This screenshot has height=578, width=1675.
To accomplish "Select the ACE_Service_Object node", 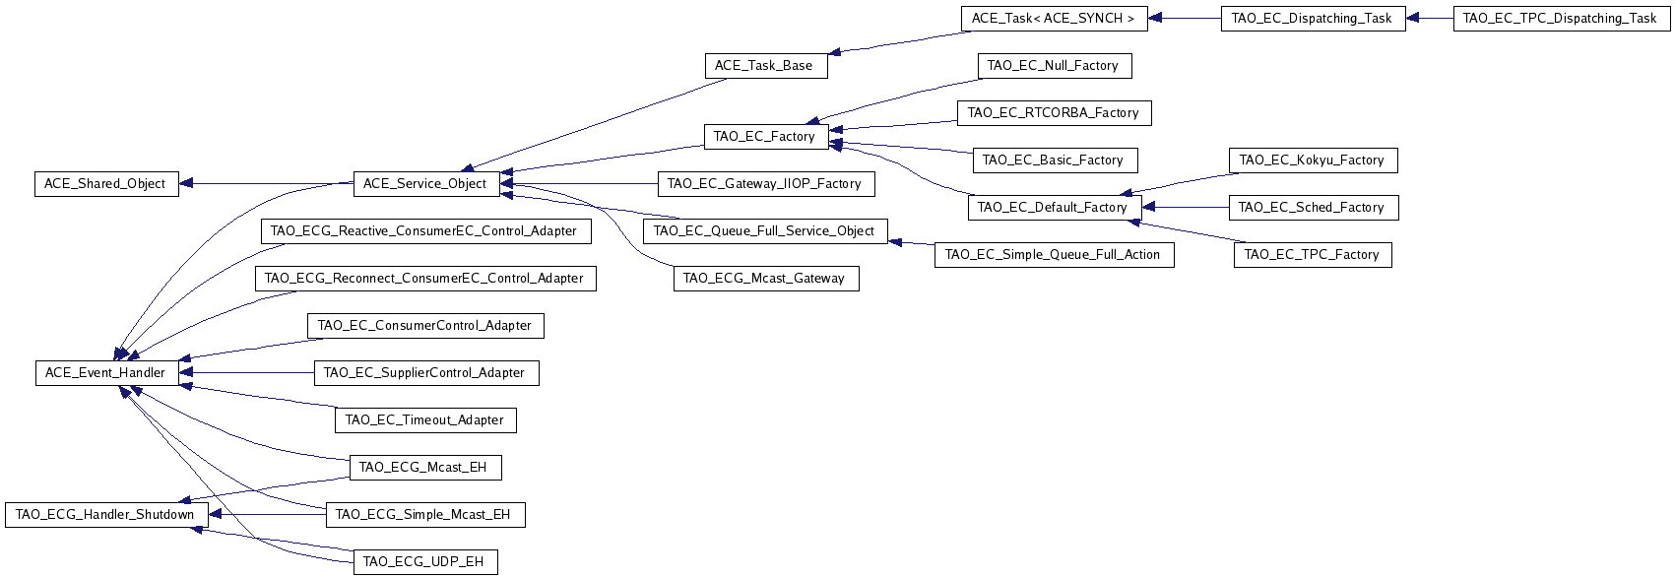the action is [x=426, y=184].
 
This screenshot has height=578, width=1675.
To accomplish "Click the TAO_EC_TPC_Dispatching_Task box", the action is [x=1562, y=19].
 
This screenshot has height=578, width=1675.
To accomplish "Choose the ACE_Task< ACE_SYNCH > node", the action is [x=1055, y=19].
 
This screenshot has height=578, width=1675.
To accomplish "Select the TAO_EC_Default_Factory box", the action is [x=1055, y=208].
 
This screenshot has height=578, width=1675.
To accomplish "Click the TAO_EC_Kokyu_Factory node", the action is [x=1313, y=161].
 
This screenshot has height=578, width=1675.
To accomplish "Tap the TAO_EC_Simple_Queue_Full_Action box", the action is [x=1055, y=255].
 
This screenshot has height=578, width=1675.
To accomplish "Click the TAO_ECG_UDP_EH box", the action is [x=425, y=561].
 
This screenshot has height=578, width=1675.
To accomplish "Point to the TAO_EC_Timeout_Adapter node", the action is [x=425, y=420].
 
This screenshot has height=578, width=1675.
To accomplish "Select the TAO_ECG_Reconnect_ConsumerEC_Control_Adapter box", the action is [x=425, y=278].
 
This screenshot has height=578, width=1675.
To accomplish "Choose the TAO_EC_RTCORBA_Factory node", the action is [x=1055, y=113].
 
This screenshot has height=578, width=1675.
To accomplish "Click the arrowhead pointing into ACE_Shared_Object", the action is [x=186, y=184].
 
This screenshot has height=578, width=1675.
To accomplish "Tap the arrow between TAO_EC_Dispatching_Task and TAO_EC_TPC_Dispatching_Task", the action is [x=1430, y=19].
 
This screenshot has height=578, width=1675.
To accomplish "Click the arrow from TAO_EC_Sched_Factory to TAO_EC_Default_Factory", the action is [x=1186, y=208].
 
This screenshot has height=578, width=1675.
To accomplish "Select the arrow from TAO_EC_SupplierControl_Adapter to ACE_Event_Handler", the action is [x=247, y=373].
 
